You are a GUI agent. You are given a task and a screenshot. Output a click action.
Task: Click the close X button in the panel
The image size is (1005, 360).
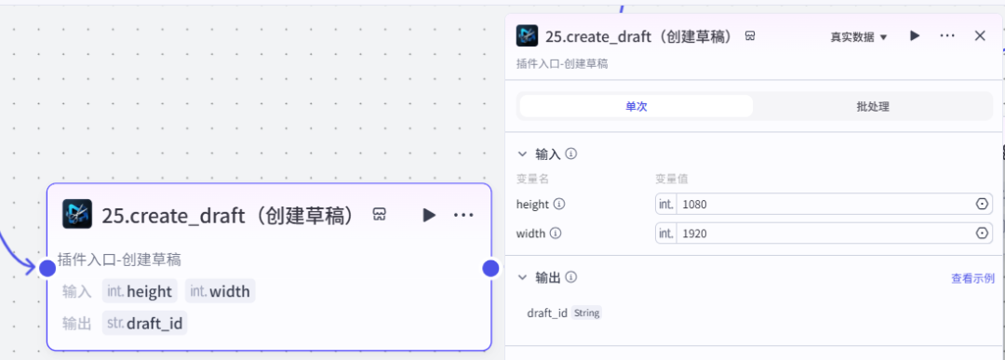(x=980, y=36)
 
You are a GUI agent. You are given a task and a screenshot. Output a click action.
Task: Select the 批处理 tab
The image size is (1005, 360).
(x=873, y=106)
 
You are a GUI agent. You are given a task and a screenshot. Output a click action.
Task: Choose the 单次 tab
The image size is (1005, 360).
(x=636, y=106)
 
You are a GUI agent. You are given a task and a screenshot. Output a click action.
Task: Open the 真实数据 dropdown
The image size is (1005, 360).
(x=859, y=37)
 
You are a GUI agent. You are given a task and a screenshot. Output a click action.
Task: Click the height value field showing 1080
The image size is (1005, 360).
(x=824, y=204)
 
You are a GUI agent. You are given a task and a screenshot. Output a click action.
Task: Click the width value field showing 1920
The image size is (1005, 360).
(x=824, y=233)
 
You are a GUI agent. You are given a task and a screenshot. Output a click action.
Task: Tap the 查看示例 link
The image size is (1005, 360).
(x=972, y=278)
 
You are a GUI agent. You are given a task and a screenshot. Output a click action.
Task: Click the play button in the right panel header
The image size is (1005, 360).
(x=915, y=36)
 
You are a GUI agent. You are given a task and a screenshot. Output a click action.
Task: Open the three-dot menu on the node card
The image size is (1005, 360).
(x=463, y=215)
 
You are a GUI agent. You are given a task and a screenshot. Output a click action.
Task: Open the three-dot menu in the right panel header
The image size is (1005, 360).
(x=947, y=36)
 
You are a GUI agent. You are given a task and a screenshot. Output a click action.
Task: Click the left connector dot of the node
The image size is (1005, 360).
(x=47, y=269)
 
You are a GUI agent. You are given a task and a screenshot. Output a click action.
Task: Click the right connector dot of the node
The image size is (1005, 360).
(x=490, y=269)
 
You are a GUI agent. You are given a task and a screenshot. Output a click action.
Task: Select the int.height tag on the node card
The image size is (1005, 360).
(x=140, y=291)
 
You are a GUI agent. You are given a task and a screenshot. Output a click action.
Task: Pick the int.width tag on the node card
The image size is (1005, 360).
(x=220, y=291)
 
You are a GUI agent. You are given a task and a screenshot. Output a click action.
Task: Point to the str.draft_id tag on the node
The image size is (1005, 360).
(x=144, y=323)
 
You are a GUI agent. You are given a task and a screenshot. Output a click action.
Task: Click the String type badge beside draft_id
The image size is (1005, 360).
(x=586, y=313)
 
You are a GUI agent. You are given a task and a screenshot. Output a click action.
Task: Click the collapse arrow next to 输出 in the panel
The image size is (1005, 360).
(x=521, y=277)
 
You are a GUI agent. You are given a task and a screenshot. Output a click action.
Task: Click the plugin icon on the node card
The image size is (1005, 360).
(x=77, y=214)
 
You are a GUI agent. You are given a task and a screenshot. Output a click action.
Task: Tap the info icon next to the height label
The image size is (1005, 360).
(x=559, y=204)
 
